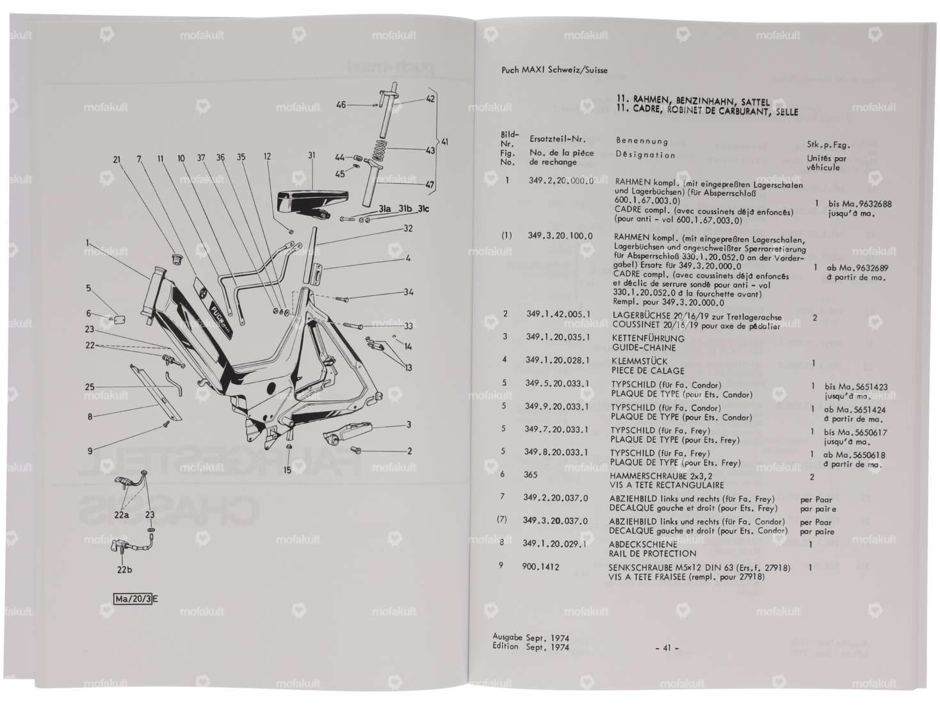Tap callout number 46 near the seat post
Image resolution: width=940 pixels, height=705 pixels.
(x=341, y=104)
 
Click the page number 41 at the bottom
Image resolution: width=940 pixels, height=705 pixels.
(x=666, y=648)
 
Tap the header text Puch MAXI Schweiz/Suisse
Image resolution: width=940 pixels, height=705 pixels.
(x=555, y=70)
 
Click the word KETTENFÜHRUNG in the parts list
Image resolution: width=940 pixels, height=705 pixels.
(x=648, y=338)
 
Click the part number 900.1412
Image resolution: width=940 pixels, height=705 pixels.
(x=540, y=567)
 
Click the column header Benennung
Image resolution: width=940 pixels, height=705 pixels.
(x=642, y=141)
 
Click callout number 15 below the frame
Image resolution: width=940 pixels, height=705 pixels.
(x=288, y=470)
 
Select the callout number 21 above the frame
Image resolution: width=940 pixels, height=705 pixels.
(x=117, y=159)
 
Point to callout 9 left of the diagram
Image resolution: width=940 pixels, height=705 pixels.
(x=91, y=451)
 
